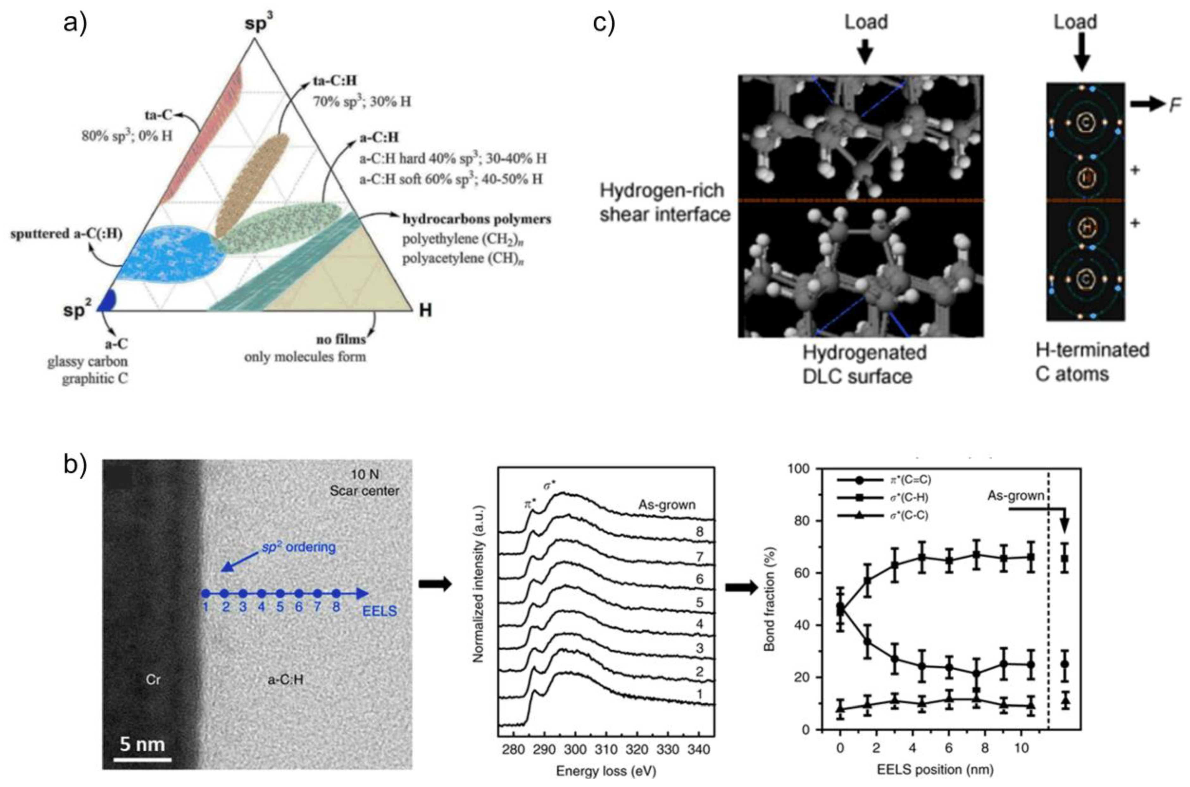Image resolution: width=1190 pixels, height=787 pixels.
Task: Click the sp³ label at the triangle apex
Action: (260, 24)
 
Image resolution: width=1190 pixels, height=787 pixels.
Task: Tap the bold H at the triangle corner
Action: (425, 310)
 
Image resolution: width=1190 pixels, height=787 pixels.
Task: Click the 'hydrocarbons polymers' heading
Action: (477, 219)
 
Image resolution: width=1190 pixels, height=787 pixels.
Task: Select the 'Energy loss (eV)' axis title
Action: (605, 771)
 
